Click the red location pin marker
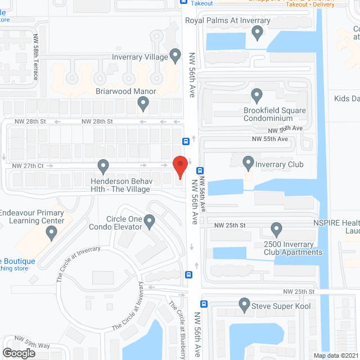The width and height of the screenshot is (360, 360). coord(179,167)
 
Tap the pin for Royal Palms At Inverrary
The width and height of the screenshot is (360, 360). coord(258,34)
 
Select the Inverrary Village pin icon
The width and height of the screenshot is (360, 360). coord(175,56)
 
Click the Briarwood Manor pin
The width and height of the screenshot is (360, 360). coord(143,103)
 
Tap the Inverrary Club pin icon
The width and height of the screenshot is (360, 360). coord(248,164)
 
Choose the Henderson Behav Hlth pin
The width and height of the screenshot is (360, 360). coord(103,166)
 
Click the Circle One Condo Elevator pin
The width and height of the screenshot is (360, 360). coord(150,222)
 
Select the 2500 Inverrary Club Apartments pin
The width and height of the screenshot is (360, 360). coord(276,229)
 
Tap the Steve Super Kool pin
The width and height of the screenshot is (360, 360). coord(244,305)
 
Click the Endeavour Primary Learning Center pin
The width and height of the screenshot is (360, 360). coord(52,233)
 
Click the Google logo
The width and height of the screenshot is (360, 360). coord(18,353)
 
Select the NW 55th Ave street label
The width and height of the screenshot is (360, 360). coord(269,139)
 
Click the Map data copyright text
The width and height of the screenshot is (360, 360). coord(335,355)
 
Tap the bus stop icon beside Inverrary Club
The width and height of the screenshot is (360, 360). coord(200,170)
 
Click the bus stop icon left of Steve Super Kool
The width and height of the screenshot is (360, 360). coord(204,304)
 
